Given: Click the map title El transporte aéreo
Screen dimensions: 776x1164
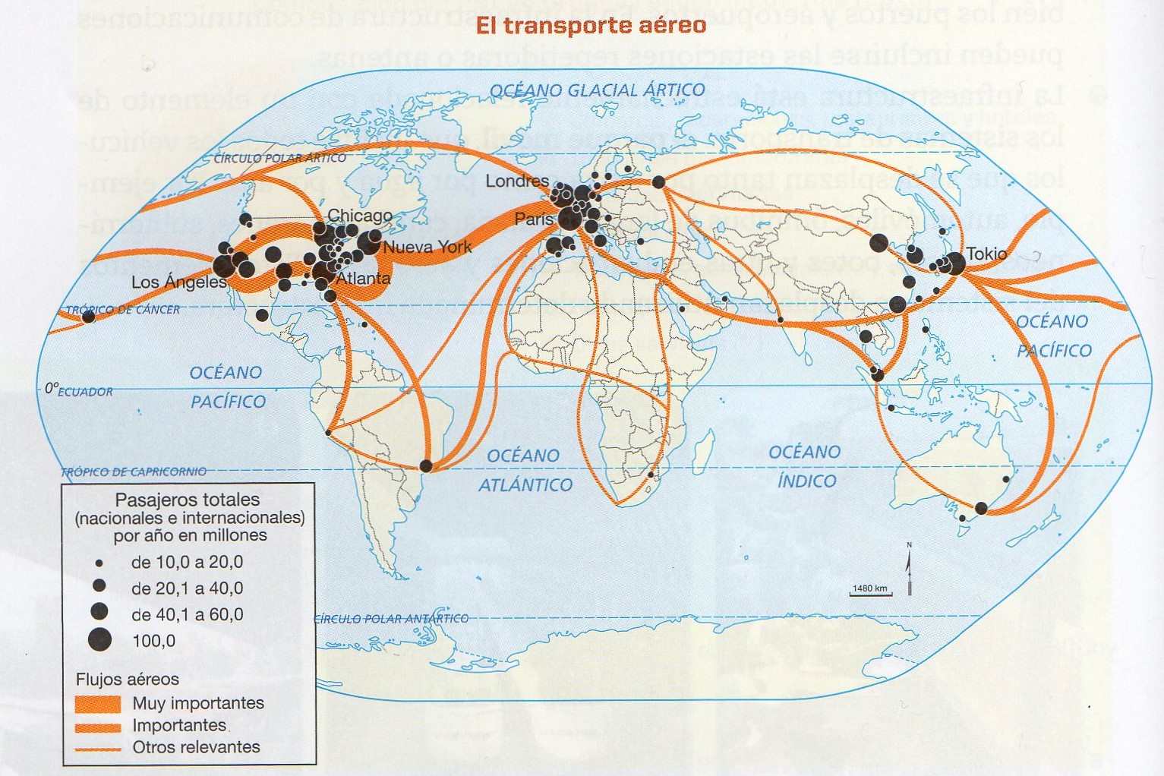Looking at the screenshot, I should point(591,26).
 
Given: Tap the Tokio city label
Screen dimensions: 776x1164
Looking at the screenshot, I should point(986,254).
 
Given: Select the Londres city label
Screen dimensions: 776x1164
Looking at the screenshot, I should point(516,181).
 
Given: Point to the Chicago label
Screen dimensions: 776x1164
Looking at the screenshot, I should point(360,216).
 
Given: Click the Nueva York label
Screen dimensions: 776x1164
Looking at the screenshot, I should point(427,247).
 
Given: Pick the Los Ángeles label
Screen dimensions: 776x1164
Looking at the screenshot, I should point(179,282).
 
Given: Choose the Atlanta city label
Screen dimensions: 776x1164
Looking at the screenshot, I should point(363,279).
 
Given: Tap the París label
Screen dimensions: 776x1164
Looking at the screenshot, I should point(535,219).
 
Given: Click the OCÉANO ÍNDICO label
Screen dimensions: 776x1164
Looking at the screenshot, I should point(805,466).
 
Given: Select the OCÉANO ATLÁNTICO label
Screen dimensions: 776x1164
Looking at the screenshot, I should point(525,470).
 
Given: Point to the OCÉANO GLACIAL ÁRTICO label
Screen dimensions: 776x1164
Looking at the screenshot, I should point(598,90).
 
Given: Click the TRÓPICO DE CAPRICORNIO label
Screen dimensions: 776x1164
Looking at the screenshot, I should point(134,472).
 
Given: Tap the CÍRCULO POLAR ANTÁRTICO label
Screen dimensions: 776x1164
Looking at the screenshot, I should point(392,619).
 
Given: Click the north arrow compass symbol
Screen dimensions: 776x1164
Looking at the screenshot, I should point(909,569).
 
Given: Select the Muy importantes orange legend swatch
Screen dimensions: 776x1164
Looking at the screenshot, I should point(98,703).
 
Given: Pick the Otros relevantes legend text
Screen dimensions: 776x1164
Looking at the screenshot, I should point(196,747).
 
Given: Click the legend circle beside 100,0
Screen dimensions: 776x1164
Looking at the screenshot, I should point(99,640).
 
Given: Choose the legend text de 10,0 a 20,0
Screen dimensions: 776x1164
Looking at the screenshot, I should point(187,563).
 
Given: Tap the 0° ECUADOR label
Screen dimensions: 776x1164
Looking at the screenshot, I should point(78,390).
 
